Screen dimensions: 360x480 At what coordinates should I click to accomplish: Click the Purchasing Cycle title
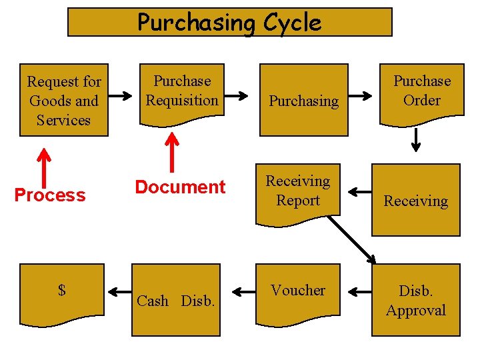229,22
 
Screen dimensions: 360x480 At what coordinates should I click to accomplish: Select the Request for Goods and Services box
64,101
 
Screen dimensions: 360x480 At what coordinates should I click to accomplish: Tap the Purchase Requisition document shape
182,93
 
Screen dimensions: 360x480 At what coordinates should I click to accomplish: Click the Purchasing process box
303,100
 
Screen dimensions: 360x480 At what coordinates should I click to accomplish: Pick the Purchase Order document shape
421,93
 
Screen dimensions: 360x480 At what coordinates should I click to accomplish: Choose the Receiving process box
415,201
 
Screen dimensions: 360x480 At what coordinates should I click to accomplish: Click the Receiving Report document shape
298,191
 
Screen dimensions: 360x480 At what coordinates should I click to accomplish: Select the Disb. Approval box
415,300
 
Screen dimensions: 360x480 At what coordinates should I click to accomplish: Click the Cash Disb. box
175,300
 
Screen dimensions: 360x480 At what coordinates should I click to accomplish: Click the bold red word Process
50,195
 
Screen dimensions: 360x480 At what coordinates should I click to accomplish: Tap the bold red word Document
180,187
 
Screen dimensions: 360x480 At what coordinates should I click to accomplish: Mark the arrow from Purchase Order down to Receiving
416,139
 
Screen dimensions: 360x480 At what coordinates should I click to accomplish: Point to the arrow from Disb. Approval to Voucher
361,291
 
